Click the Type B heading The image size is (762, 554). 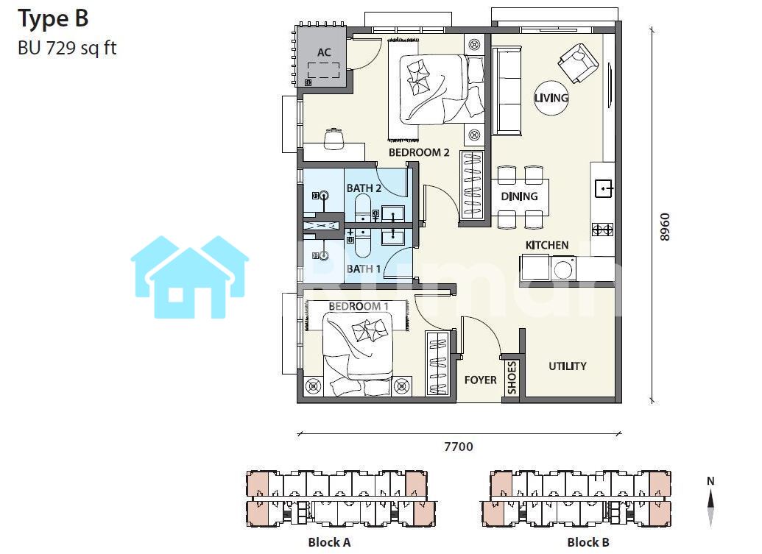coord(53,19)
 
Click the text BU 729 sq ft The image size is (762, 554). coord(67,48)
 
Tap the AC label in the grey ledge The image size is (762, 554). coord(324,52)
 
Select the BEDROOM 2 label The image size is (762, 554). coord(419,152)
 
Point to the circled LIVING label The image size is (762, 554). coord(551,98)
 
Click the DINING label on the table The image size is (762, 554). coord(520,196)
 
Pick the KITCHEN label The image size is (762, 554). coord(547,245)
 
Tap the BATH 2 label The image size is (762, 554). coord(364,188)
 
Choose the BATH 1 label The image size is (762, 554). coord(364,269)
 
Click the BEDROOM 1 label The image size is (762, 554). coord(359,306)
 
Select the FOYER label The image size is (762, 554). coord(481,380)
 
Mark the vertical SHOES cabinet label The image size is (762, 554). coord(512,377)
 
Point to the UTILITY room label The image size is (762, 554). coord(568,366)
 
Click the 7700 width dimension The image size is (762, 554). coord(458,447)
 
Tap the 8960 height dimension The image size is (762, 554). coord(665,227)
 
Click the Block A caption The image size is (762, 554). coord(329,542)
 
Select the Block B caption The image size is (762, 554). coord(588,542)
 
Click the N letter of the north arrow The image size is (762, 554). coord(710,481)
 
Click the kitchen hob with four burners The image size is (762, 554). coord(602,230)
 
